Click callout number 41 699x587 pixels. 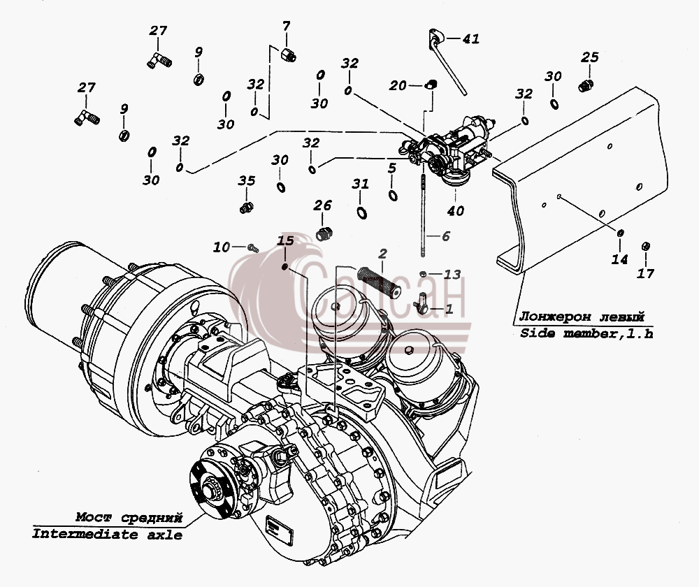[x=470, y=39]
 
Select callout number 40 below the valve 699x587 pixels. [x=456, y=210]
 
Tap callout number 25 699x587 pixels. [x=589, y=57]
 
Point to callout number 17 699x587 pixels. [x=645, y=273]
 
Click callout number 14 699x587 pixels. [x=619, y=259]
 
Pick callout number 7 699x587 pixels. [x=286, y=26]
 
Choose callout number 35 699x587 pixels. [x=246, y=180]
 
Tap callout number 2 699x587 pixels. [x=382, y=254]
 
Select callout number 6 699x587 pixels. [x=446, y=235]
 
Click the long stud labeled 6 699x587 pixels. [x=422, y=216]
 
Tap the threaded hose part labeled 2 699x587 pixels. [x=379, y=280]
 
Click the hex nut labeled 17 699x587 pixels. [x=645, y=246]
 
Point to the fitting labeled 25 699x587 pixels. [x=586, y=85]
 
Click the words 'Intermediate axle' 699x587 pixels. [x=107, y=534]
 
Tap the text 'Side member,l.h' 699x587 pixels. [x=586, y=333]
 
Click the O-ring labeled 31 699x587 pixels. [x=362, y=212]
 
